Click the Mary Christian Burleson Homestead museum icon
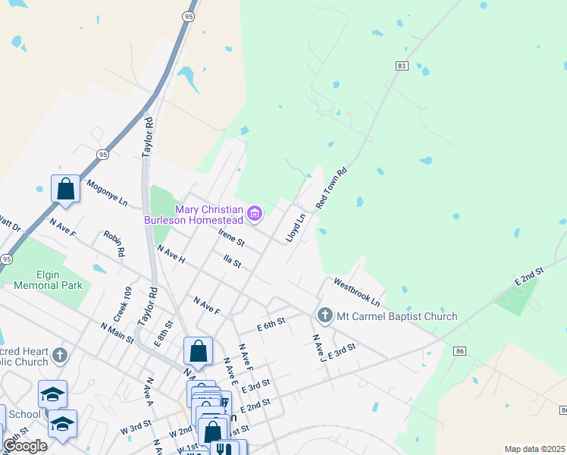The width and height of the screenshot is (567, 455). pos(255,215)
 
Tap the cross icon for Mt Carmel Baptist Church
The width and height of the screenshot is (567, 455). pos(324,314)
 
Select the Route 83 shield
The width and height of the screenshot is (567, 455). pos(402,67)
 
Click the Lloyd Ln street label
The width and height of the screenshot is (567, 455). pos(296,227)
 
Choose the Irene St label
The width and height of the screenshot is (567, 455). pos(231,237)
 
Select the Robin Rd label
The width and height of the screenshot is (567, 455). pos(114,243)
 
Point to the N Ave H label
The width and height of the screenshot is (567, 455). pos(171,254)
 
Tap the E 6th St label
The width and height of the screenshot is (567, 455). pos(271,323)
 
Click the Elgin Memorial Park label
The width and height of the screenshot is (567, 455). pos(49,281)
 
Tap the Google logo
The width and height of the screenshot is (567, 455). pos(25,445)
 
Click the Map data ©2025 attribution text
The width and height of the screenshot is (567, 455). pos(535,449)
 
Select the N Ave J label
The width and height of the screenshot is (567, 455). pos(318,347)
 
